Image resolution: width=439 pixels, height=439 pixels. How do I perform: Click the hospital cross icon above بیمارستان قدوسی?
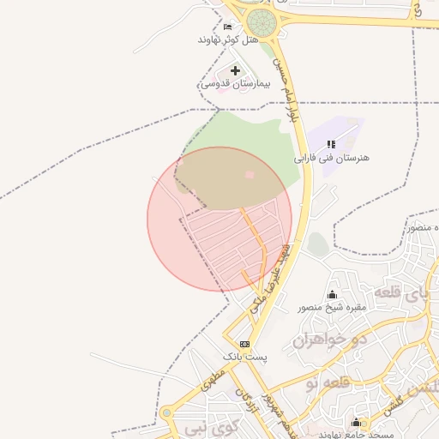(236, 69)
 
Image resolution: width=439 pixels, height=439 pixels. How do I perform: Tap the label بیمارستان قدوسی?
(235, 85)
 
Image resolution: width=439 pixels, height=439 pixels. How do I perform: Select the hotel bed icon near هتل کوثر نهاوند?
(226, 27)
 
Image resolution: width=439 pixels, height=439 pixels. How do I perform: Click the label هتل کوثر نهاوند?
(227, 39)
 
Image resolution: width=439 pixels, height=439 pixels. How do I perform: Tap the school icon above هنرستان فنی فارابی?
(331, 144)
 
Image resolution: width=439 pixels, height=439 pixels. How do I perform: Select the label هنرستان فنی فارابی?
(331, 159)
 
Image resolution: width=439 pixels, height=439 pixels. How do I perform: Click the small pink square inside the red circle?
(250, 175)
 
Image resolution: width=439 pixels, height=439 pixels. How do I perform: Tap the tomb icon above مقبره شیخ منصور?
(333, 294)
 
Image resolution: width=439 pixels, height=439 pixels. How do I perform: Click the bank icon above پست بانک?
(244, 343)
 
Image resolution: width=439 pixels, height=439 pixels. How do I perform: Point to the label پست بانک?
(245, 355)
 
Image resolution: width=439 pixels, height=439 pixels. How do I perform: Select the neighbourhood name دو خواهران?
(330, 340)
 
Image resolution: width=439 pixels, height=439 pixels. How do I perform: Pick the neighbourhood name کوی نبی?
(199, 426)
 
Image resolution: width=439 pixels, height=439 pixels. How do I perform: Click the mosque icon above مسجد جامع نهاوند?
(357, 422)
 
